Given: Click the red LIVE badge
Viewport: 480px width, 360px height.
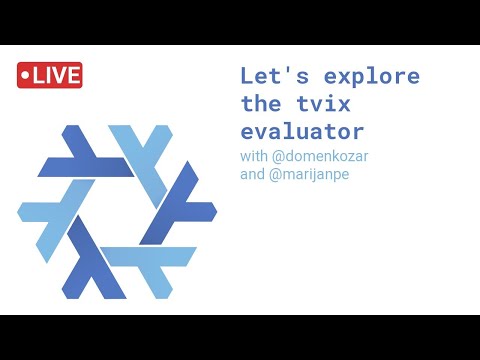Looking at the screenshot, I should click(49, 75).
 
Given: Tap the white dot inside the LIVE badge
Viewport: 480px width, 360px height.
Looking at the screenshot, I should click(27, 76).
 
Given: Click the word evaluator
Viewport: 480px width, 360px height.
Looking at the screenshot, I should click(302, 131).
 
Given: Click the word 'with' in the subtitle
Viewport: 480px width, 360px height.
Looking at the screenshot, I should click(254, 157).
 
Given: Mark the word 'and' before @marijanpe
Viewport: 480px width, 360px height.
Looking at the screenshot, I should click(253, 173).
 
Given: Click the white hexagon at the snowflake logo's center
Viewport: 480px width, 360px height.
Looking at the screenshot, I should click(117, 211).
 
